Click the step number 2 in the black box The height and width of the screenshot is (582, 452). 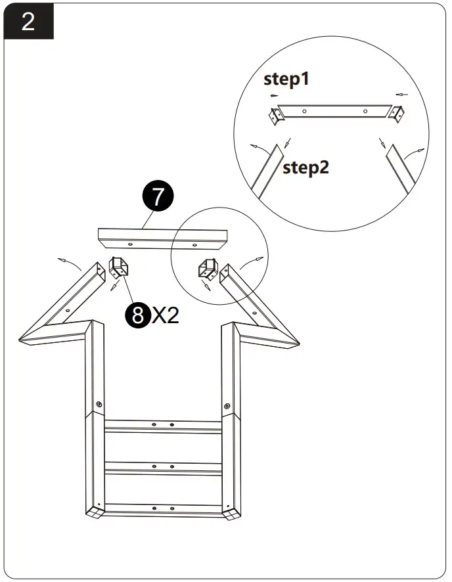pos(28,21)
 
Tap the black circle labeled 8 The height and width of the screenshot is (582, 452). pos(137,315)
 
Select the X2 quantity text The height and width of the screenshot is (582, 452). pos(166,316)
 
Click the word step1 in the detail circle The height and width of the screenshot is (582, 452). pos(286,79)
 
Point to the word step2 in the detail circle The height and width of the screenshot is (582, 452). pos(305,168)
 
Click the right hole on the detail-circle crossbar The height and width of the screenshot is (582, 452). pos(365,111)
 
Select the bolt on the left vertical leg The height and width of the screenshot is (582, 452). pos(98,404)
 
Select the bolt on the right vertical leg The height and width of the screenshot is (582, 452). pos(227,404)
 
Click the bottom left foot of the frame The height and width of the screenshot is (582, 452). pos(93,513)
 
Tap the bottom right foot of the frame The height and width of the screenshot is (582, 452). pos(233,513)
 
